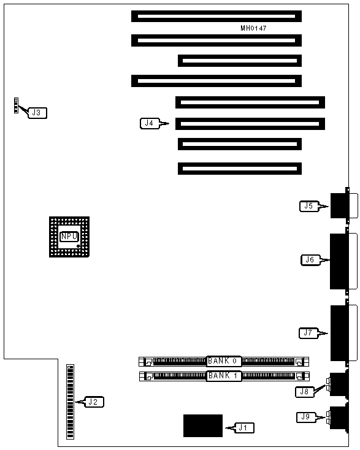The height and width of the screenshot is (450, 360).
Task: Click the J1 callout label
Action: (245, 428)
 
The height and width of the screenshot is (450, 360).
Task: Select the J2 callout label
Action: (94, 402)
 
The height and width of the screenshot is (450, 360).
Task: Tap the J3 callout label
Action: (37, 113)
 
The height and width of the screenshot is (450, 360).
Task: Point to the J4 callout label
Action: (149, 123)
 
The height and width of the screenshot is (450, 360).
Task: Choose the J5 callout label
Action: (309, 206)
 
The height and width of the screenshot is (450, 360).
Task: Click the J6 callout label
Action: (310, 260)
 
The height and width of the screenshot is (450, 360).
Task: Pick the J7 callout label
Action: (308, 333)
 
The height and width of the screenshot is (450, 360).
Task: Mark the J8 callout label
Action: (305, 392)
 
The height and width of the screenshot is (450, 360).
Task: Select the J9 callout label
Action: (306, 417)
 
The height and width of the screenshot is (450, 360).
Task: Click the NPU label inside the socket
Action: (69, 237)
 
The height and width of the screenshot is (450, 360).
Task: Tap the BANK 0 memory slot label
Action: (224, 361)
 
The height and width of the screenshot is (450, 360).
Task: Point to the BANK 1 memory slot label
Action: (224, 376)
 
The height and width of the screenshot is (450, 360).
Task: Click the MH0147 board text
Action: (253, 28)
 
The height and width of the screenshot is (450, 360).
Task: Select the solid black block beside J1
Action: (203, 425)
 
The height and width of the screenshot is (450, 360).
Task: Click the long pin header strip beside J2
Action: (70, 402)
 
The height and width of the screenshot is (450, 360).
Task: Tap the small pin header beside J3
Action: (16, 105)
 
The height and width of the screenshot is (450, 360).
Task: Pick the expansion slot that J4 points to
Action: (250, 124)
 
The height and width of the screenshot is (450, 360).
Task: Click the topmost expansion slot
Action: (216, 17)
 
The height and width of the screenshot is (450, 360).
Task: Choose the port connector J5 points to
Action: (340, 205)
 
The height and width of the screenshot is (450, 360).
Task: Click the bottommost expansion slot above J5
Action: (240, 169)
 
